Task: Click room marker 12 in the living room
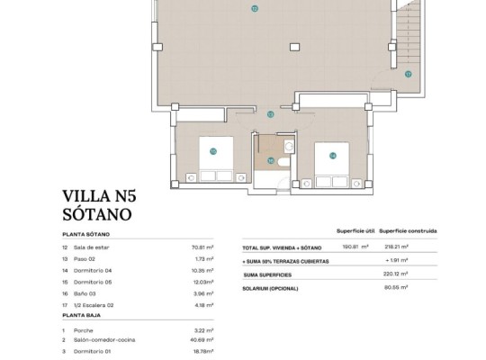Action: [x=255, y=8]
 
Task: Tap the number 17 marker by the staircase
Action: [x=408, y=74]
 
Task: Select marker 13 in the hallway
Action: [x=271, y=114]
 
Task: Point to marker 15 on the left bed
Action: [x=212, y=151]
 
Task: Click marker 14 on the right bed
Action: [x=332, y=155]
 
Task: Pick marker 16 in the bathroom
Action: [x=270, y=161]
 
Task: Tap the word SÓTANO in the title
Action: [x=97, y=215]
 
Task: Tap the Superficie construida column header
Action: [x=408, y=230]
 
